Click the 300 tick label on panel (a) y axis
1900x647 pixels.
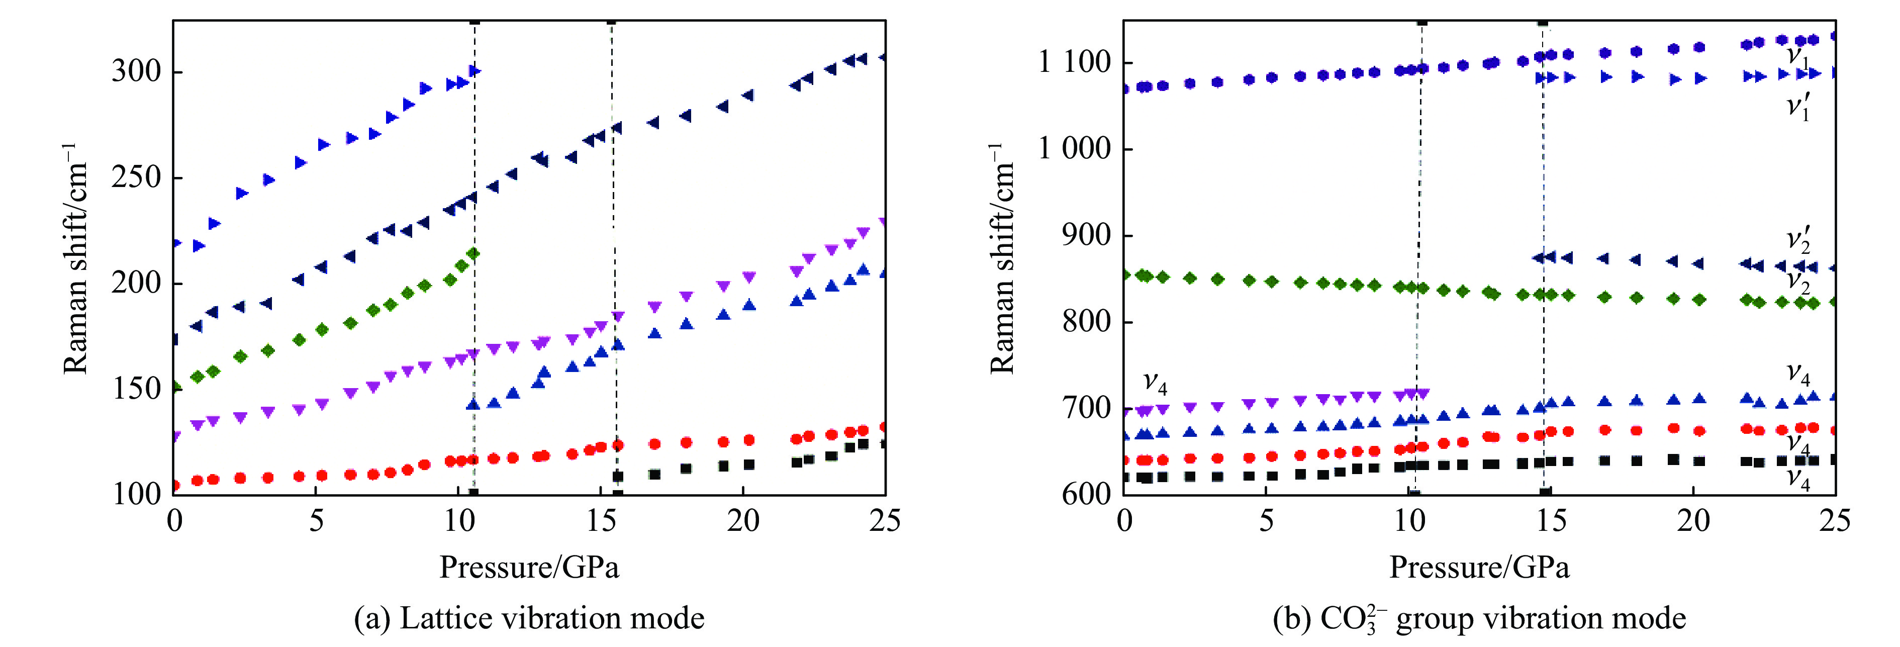point(136,71)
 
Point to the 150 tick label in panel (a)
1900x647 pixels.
point(136,389)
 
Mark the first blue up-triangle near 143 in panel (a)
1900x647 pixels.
point(473,404)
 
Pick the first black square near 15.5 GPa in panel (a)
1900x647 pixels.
point(618,477)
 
